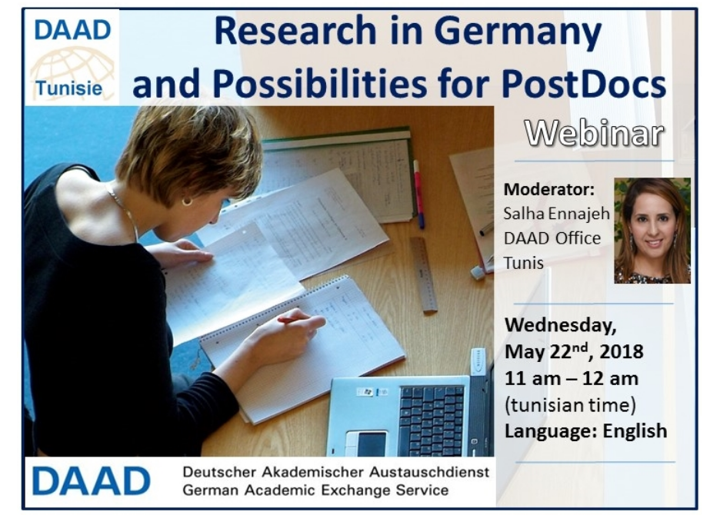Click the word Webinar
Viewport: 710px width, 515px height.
[x=594, y=133]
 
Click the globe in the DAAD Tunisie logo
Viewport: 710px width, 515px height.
[x=72, y=68]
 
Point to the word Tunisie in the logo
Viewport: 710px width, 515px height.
[x=68, y=88]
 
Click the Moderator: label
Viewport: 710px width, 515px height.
[x=548, y=189]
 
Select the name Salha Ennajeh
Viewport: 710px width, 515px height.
[x=556, y=213]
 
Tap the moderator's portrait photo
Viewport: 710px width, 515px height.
[x=652, y=231]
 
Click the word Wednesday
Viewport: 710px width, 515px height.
[x=561, y=325]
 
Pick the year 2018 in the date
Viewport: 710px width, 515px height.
[x=622, y=351]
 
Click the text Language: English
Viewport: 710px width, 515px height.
[x=586, y=430]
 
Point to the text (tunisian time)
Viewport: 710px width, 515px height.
[x=570, y=404]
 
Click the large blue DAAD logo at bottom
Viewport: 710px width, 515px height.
[x=91, y=481]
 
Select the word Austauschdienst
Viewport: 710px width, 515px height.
[x=429, y=472]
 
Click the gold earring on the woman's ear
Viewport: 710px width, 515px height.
[x=187, y=201]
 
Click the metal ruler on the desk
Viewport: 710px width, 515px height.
[x=424, y=274]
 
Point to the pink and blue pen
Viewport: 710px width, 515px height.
[x=418, y=194]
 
